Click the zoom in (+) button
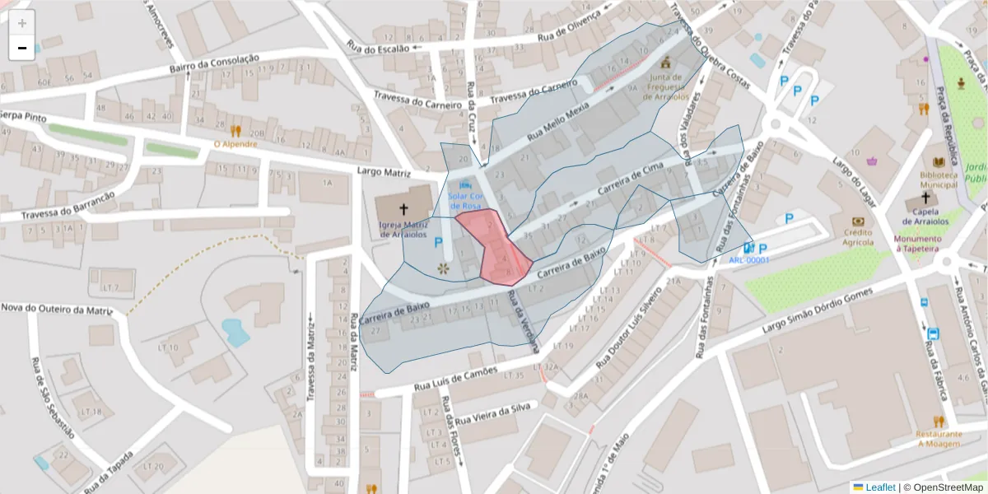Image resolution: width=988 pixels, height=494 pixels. (x=22, y=23)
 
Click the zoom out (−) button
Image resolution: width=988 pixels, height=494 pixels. (x=22, y=48)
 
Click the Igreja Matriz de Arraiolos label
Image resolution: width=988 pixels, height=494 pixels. (x=404, y=229)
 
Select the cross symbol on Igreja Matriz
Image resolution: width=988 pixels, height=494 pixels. (x=404, y=210)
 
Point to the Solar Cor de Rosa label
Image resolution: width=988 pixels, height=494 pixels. (x=467, y=201)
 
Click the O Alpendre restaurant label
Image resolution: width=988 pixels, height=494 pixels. (x=235, y=144)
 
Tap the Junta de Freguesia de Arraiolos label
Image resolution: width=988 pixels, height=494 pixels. (x=666, y=87)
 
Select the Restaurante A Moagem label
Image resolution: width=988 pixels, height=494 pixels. (x=939, y=438)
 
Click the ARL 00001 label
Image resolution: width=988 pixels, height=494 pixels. (x=748, y=260)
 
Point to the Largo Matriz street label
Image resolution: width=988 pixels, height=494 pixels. (x=384, y=172)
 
